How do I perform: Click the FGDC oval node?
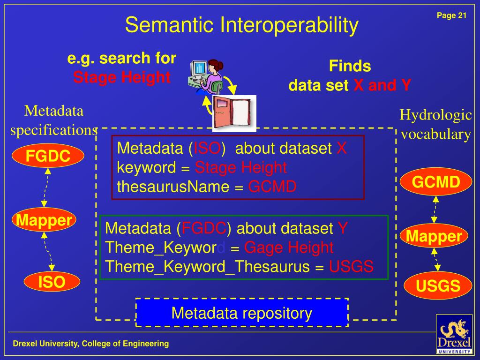(x=48, y=156)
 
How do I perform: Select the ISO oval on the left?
(x=52, y=283)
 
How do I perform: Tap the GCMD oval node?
(x=435, y=182)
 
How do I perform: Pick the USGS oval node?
(x=438, y=285)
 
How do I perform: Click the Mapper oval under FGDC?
(x=44, y=219)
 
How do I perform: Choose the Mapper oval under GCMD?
(x=434, y=236)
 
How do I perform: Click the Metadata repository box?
(x=242, y=313)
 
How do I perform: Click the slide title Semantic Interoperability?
(x=241, y=25)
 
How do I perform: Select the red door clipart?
(x=234, y=113)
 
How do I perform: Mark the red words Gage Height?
(x=289, y=247)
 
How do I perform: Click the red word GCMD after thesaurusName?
(x=272, y=187)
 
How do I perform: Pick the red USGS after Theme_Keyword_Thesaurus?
(x=351, y=267)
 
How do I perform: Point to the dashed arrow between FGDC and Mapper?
(x=46, y=187)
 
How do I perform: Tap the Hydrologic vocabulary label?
(x=435, y=125)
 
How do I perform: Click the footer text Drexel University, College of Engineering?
(x=91, y=344)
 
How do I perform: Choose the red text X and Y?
(x=382, y=85)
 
